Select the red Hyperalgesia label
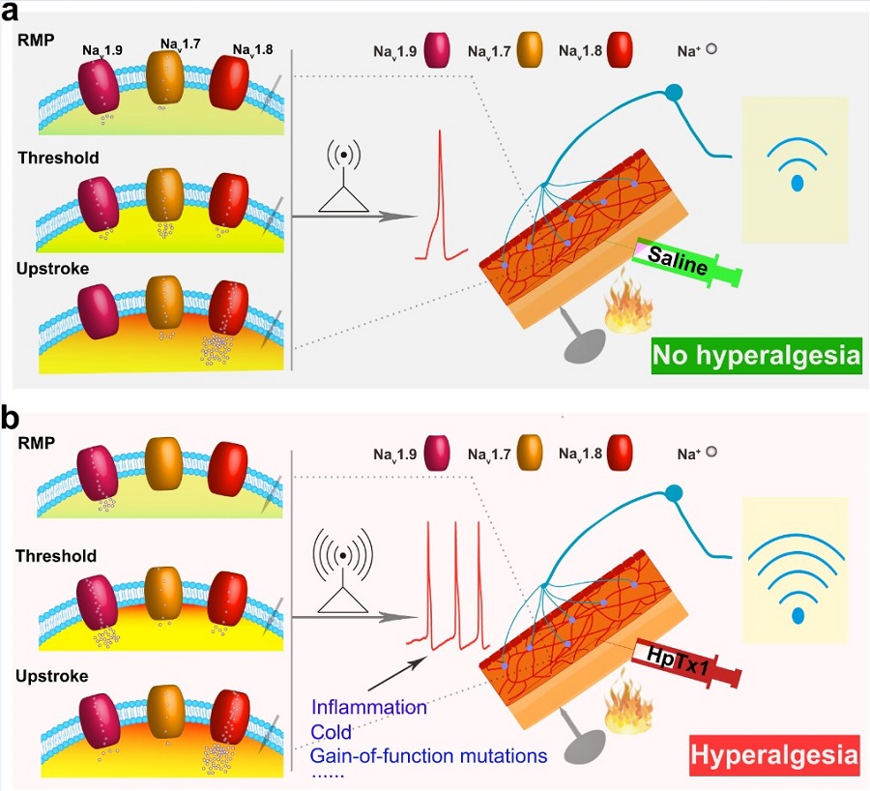click(774, 754)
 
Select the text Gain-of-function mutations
click(429, 754)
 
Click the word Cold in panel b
click(332, 731)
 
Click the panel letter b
click(14, 417)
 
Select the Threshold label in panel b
click(56, 556)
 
